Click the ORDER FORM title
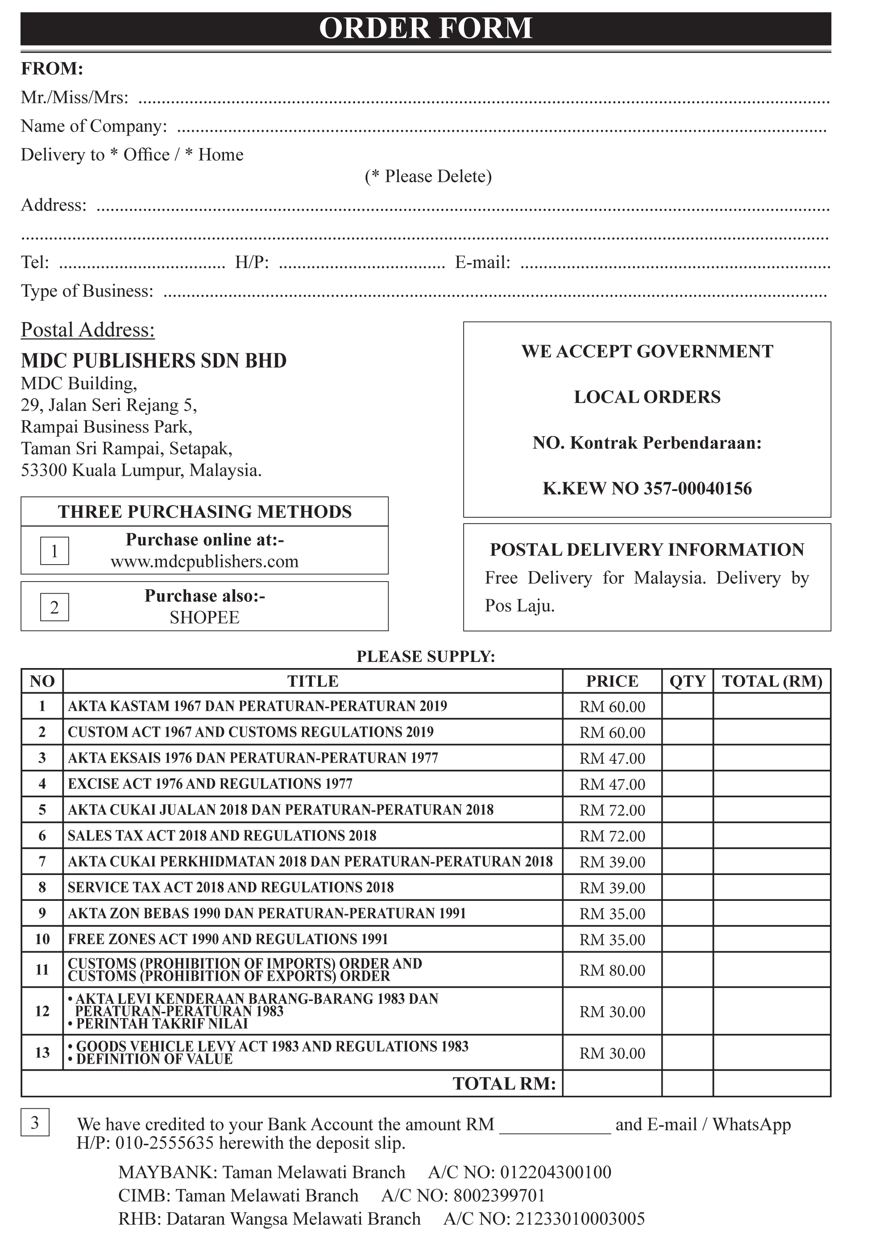point(425,28)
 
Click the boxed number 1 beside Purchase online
point(54,551)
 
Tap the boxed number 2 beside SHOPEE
point(54,607)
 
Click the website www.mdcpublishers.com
point(204,561)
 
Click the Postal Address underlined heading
point(87,330)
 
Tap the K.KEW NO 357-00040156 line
point(647,488)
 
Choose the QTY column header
point(687,681)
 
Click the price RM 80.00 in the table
point(612,970)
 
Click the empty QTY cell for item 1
point(687,706)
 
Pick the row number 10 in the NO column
point(42,940)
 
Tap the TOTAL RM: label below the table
point(504,1084)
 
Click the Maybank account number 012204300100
point(556,1172)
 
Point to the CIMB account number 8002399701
point(499,1195)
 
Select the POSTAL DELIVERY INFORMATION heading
point(647,550)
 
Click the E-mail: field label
point(482,262)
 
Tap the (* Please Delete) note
point(428,177)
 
